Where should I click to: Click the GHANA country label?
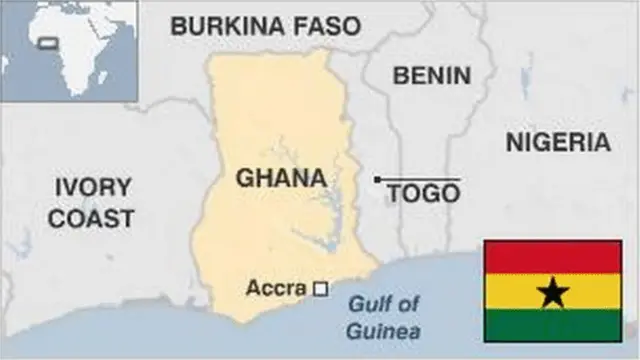coord(281,178)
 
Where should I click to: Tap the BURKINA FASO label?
coord(265,26)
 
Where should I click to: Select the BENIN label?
coord(431,75)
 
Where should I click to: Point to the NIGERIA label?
coord(558,141)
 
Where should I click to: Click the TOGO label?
coord(423,193)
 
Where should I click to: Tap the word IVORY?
coord(92,187)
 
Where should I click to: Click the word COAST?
coord(92,217)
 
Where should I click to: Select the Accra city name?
coord(276,289)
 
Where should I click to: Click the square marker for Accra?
coord(321,289)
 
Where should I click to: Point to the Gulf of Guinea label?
coord(385,318)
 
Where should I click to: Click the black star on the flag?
coord(553,292)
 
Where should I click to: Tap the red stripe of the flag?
coord(553,257)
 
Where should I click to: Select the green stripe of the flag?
coord(553,326)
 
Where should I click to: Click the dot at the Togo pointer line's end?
coord(377,180)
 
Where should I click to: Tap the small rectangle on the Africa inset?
coord(45,43)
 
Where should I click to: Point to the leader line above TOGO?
coord(420,180)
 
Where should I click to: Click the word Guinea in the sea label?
coord(385,332)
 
